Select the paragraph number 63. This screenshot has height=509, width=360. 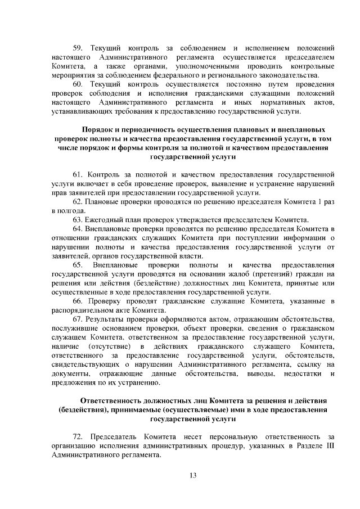coord(79,219)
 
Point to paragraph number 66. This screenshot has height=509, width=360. coord(79,301)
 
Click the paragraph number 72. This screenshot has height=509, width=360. coord(79,436)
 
